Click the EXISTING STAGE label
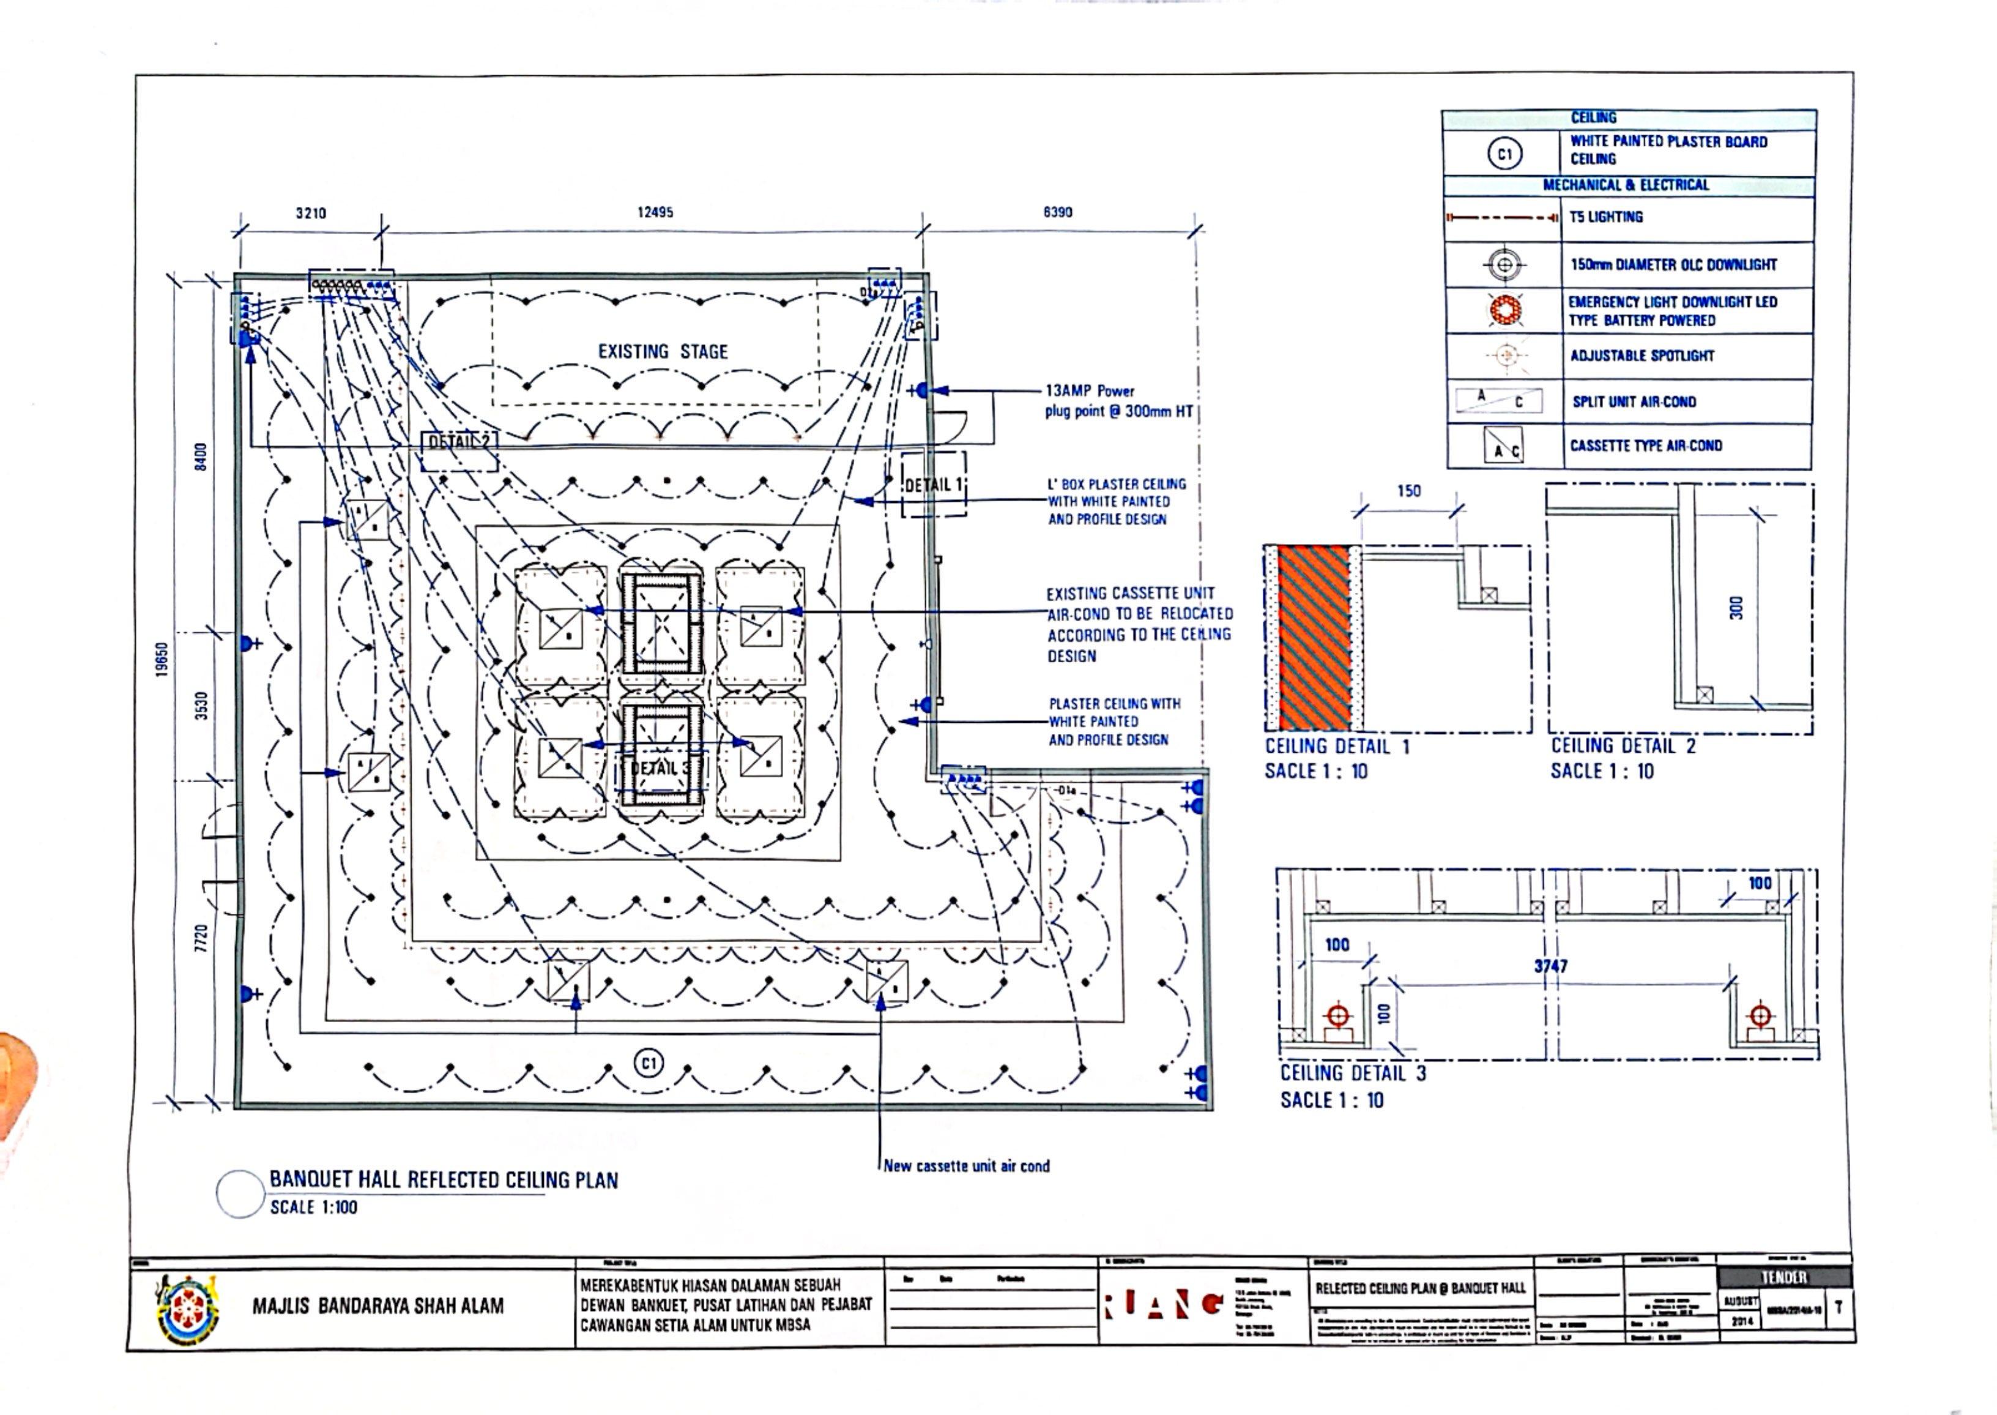coord(662,352)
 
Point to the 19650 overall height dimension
coord(162,660)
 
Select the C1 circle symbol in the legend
coord(1504,154)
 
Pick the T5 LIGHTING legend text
coord(1606,217)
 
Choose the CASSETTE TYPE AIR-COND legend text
coord(1645,446)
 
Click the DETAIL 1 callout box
coord(933,485)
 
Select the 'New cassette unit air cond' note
coord(966,1166)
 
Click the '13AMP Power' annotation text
coord(1090,391)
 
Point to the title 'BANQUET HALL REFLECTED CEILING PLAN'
coord(444,1181)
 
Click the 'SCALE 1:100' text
coord(313,1208)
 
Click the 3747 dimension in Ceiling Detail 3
coord(1550,966)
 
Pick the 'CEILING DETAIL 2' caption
coord(1623,746)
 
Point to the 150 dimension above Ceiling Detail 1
coord(1408,491)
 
